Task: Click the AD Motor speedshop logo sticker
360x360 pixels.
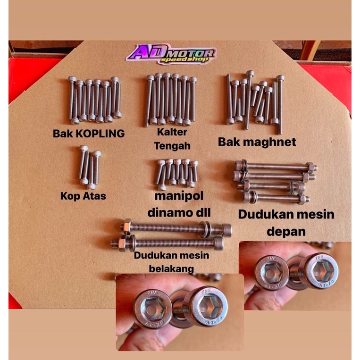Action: pos(171,54)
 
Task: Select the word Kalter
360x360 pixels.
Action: pos(172,132)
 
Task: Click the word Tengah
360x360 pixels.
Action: pos(172,146)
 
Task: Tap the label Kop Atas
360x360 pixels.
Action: pos(83,196)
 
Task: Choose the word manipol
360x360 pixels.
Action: pos(179,196)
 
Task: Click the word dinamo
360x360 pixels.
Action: pos(171,212)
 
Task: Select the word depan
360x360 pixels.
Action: pos(286,232)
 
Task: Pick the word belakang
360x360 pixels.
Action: pos(171,268)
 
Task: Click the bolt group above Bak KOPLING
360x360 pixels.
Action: pos(95,100)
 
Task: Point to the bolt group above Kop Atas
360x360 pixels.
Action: pos(90,167)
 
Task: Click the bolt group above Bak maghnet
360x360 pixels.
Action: pos(255,101)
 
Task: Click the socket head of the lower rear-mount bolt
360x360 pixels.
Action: pos(218,243)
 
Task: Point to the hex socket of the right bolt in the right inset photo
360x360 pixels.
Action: pos(322,272)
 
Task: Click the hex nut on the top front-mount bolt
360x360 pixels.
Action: pos(310,167)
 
